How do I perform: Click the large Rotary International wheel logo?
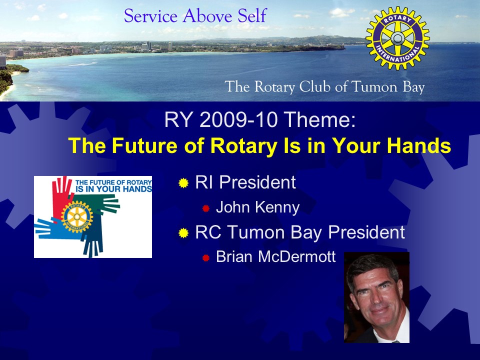(397, 38)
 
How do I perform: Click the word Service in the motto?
(150, 16)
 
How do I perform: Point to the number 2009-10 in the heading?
(238, 119)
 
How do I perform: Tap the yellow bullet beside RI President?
(183, 183)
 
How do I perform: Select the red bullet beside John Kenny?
(205, 208)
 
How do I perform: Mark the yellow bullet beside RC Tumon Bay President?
(183, 233)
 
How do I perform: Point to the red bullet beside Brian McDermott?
(205, 258)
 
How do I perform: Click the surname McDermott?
(297, 256)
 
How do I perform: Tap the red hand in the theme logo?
(61, 196)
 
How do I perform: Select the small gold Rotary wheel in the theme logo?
(77, 216)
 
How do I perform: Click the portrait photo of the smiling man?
(377, 297)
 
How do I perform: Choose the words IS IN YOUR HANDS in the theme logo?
(113, 189)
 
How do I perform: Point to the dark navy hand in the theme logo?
(92, 242)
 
